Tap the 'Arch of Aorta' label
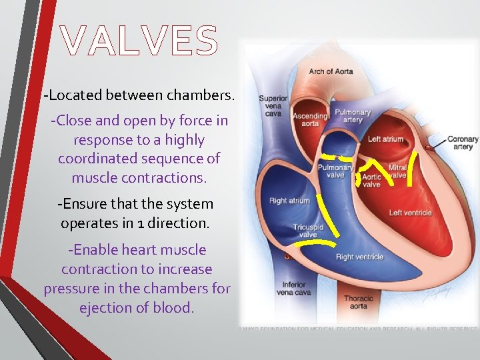click(330, 71)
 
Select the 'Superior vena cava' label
click(273, 105)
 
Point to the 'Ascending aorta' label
click(311, 120)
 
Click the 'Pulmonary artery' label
click(353, 116)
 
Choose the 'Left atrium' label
click(386, 139)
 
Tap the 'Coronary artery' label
click(462, 143)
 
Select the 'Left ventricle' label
click(410, 213)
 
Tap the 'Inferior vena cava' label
click(293, 289)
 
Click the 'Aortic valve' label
click(371, 181)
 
